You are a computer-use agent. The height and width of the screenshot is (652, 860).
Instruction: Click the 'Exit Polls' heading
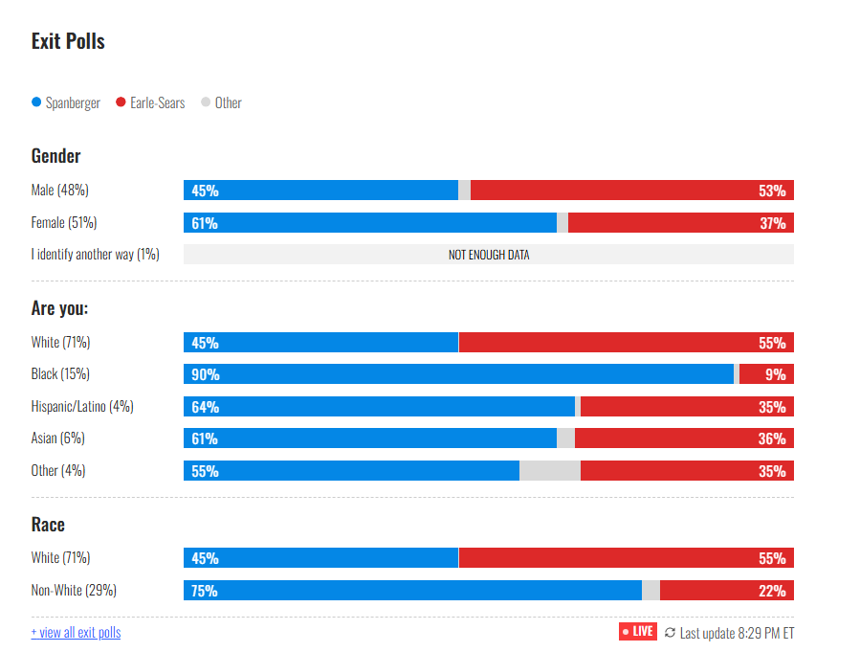(x=68, y=41)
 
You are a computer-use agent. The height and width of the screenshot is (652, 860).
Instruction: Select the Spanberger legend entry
(x=66, y=102)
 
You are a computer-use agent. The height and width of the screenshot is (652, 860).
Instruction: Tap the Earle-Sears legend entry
(x=151, y=102)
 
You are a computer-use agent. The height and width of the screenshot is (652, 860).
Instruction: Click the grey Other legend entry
(x=222, y=102)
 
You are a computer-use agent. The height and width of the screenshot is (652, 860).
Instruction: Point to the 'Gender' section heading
(x=55, y=155)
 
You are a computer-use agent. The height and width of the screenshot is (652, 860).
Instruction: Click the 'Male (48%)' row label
(x=59, y=191)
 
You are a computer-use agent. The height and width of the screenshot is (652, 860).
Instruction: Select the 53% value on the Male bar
(x=772, y=191)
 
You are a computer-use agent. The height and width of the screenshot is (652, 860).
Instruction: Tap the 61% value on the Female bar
(x=205, y=223)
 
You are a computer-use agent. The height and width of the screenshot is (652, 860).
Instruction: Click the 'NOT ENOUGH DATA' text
(x=489, y=255)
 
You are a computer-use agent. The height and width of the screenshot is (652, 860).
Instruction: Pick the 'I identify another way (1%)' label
(x=95, y=255)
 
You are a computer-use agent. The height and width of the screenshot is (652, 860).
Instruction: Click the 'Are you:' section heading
(x=59, y=308)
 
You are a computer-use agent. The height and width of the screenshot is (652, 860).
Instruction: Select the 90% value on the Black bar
(x=205, y=374)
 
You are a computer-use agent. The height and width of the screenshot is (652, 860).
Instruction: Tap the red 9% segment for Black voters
(x=765, y=374)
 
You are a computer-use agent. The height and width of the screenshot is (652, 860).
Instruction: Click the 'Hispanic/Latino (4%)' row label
(x=82, y=406)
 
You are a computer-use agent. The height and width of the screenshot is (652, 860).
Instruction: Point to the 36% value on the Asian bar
(x=772, y=438)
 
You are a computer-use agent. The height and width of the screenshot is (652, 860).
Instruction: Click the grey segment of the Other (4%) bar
(x=549, y=471)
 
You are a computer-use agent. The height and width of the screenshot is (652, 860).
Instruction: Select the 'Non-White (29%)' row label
(x=74, y=590)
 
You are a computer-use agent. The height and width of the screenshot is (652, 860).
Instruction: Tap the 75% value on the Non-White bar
(x=205, y=591)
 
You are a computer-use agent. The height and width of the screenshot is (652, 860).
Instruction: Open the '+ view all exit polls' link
(x=76, y=632)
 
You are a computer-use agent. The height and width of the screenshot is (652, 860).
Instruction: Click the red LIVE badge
(x=638, y=632)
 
